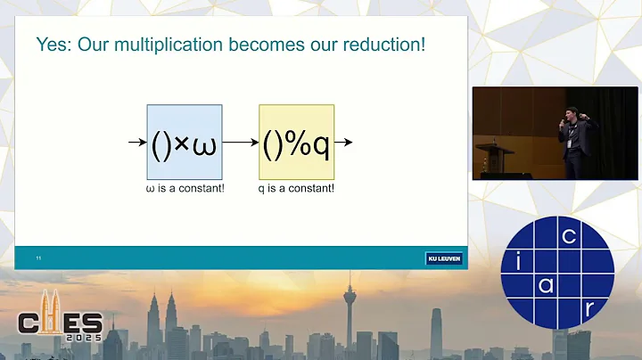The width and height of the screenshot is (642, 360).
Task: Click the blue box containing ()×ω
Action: coord(184,142)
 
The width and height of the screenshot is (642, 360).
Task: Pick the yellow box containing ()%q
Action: coord(296,142)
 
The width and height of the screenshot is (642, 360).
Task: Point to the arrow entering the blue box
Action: coord(136,142)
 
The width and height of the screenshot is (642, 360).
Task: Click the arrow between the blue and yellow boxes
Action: coord(240,142)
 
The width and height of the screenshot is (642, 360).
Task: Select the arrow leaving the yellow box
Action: coord(344,142)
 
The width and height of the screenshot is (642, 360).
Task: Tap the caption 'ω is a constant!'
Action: coord(184,190)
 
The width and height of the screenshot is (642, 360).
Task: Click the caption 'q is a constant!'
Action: coord(296,190)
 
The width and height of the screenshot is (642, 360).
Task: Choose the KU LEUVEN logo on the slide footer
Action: coord(443,258)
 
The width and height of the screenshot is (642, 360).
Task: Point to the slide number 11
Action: coord(39,258)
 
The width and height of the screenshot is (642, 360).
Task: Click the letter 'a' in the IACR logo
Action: coord(546,285)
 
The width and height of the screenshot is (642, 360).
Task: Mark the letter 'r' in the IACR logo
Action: coord(589,307)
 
